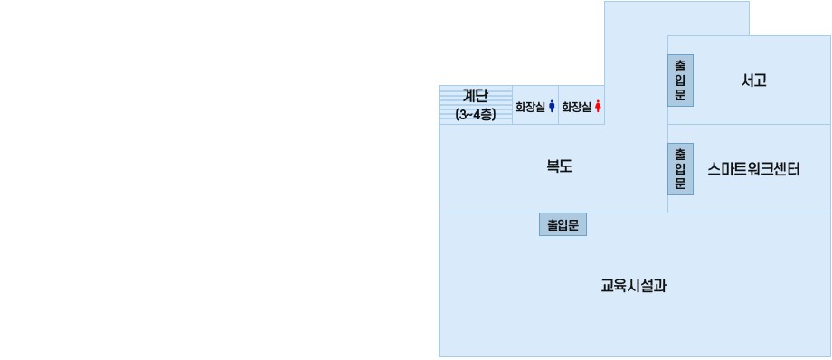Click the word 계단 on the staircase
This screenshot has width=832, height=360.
(x=476, y=95)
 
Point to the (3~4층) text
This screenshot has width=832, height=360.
(x=476, y=114)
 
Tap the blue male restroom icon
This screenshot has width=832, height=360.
(x=552, y=107)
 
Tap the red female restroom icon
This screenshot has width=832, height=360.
(x=598, y=107)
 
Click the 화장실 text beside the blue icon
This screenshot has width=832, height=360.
(x=530, y=107)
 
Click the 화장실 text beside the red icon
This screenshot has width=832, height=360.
(x=576, y=107)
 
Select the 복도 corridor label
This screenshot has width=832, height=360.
(x=559, y=166)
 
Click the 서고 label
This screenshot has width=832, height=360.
(x=753, y=80)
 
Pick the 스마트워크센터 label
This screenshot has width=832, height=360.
(x=754, y=168)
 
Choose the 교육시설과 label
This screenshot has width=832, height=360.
(x=634, y=286)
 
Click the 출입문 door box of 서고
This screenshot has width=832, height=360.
(x=680, y=81)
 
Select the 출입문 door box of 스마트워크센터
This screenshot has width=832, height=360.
(x=680, y=168)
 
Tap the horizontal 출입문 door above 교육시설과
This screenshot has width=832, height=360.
(x=563, y=224)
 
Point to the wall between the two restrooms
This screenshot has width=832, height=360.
(x=558, y=105)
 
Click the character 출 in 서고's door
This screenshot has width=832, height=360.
(x=680, y=66)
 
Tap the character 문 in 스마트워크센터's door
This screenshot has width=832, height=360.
(x=680, y=183)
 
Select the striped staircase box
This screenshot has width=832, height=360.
(x=476, y=104)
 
